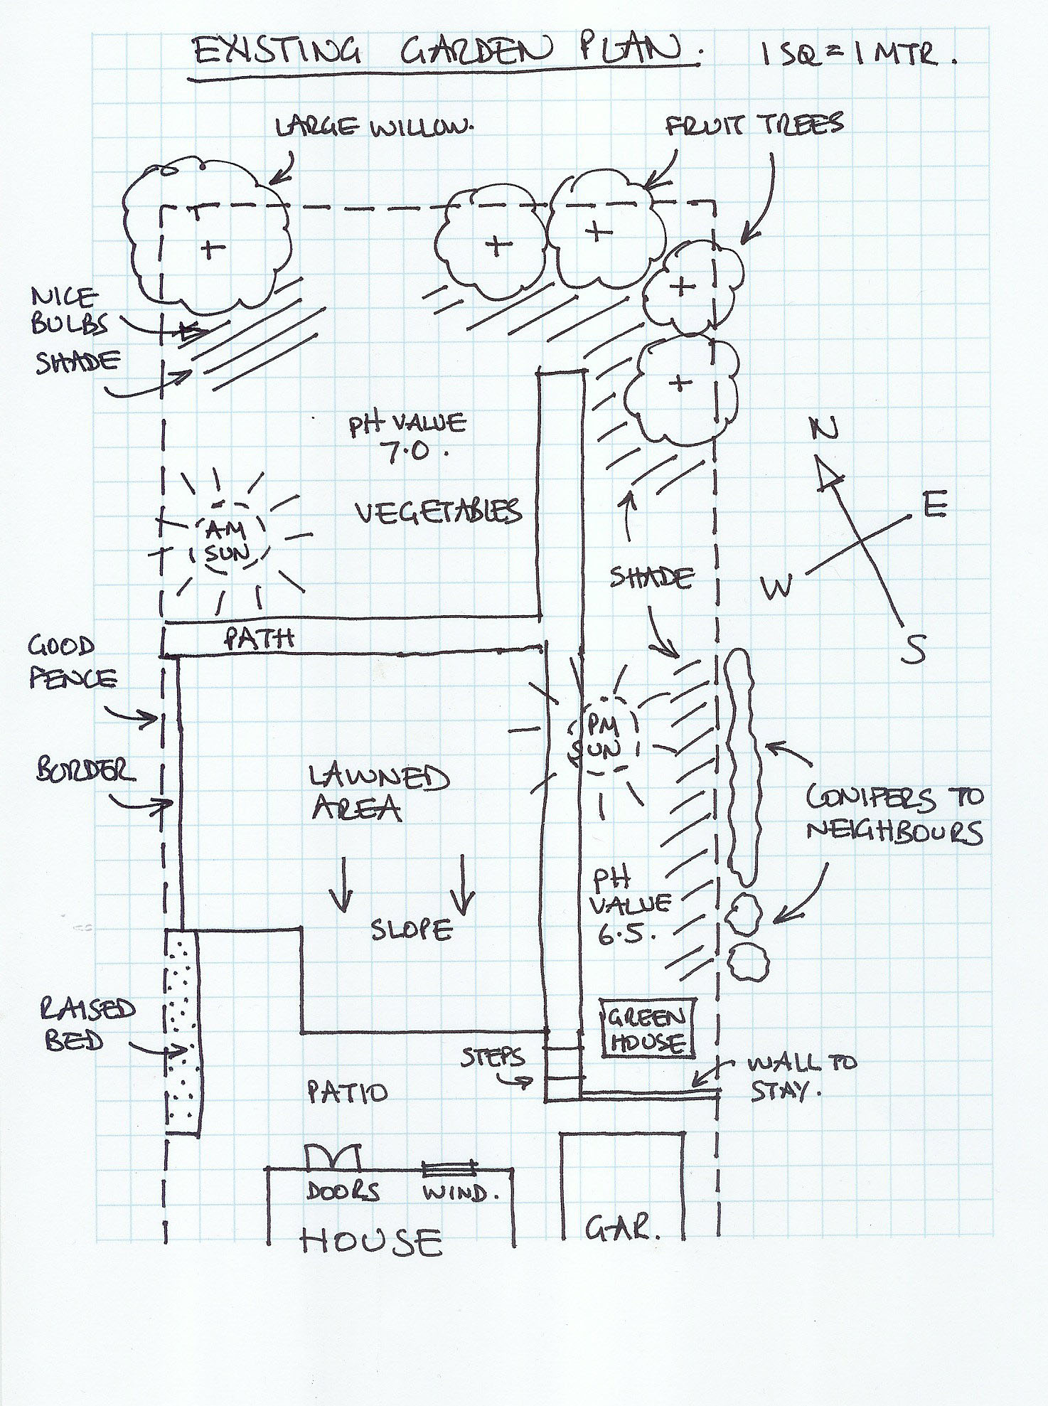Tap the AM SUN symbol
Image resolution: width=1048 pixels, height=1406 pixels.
tap(224, 540)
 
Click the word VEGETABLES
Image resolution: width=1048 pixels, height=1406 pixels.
tap(437, 511)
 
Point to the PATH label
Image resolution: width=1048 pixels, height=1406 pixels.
tap(259, 638)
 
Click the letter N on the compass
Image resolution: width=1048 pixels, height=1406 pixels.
tap(825, 427)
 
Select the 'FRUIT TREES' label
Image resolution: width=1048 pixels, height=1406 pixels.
tap(754, 125)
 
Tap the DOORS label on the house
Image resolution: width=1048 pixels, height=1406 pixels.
tap(343, 1191)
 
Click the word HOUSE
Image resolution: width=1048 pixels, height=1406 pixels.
tap(370, 1242)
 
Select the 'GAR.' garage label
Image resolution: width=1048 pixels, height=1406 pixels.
tap(623, 1227)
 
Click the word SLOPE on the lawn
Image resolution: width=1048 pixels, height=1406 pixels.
tap(412, 930)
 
